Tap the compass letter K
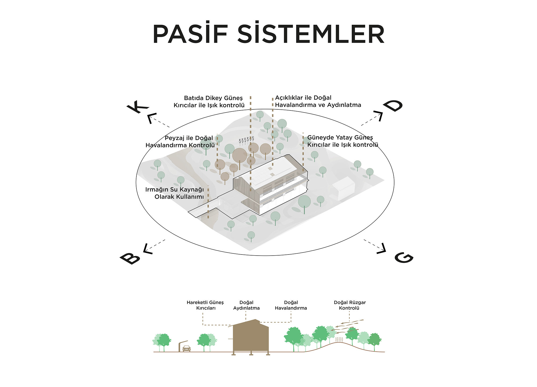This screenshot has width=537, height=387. point(137,107)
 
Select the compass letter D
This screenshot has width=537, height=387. point(393,106)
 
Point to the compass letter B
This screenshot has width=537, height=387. point(130,259)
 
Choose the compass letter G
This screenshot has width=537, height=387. point(404,257)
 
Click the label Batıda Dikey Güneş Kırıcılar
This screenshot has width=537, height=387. point(209,102)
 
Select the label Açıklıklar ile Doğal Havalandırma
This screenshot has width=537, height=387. point(318,101)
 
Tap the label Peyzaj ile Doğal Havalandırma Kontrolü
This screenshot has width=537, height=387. point(180,142)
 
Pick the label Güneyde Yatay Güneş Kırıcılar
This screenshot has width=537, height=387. point(342,141)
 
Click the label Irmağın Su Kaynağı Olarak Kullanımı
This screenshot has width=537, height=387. point(175,193)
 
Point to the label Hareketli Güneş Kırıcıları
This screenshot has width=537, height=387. point(205,305)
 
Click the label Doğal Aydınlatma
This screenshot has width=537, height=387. point(246,305)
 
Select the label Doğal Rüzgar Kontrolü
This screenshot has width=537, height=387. point(350,305)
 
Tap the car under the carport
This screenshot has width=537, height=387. point(187,349)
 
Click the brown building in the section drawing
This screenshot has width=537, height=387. point(251,337)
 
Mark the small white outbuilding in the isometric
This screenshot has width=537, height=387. point(344,188)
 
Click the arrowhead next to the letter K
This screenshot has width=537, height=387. point(151,118)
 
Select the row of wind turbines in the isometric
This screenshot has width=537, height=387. point(246,140)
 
